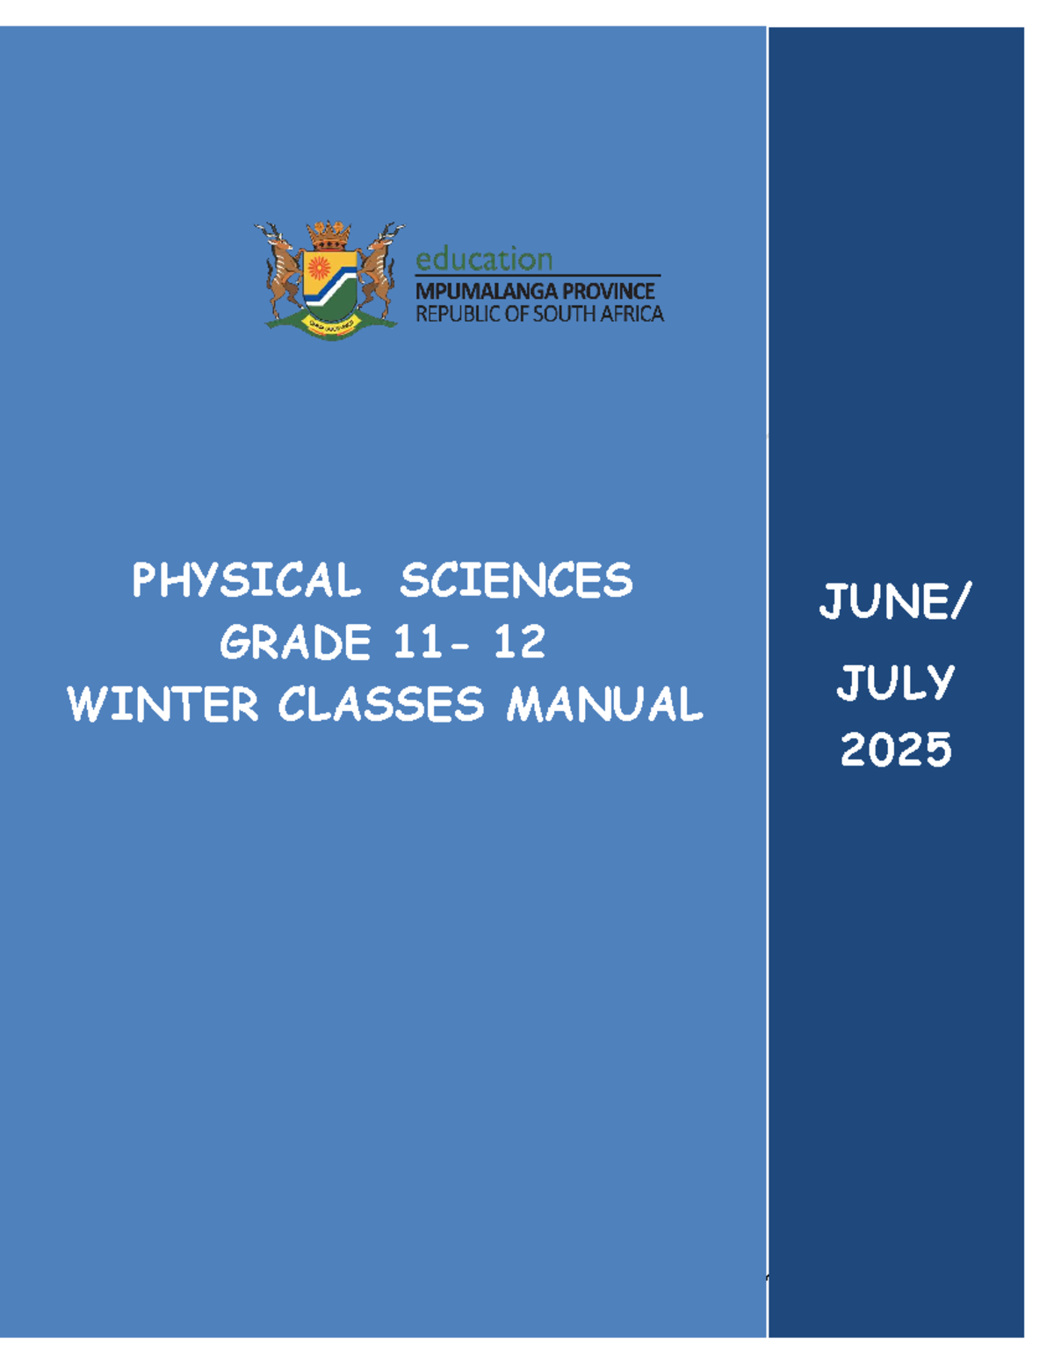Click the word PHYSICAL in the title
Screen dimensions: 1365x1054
click(x=246, y=581)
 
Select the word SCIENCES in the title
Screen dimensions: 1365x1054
click(x=516, y=581)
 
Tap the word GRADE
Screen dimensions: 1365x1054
click(x=295, y=643)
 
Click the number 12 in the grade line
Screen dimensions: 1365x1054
click(x=519, y=643)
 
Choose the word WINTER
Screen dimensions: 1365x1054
click(x=163, y=705)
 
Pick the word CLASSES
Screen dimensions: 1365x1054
click(x=381, y=705)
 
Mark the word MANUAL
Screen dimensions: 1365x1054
click(x=604, y=705)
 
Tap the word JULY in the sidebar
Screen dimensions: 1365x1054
click(x=895, y=683)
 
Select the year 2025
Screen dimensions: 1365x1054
click(x=896, y=750)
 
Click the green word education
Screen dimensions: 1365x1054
click(x=484, y=259)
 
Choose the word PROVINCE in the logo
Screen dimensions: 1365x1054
click(x=609, y=291)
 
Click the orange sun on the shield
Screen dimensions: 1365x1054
click(x=318, y=267)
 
